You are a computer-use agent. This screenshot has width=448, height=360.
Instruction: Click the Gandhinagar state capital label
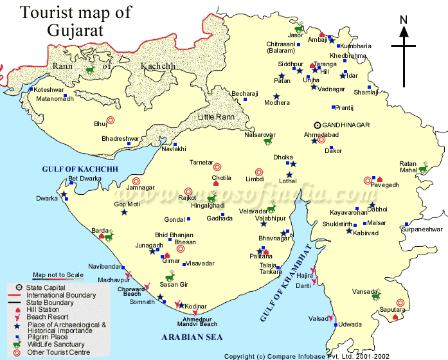coord(346,126)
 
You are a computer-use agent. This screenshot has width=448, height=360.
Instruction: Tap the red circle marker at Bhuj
coord(111,120)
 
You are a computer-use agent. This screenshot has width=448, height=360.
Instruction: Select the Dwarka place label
coord(46,199)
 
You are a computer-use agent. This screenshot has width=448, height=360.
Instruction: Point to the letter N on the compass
coord(404,19)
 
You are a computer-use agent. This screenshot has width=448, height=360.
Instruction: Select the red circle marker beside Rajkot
coord(188,191)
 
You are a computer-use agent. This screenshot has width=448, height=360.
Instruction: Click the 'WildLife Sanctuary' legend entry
coord(55,345)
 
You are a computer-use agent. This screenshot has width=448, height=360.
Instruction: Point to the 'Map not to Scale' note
coord(58,274)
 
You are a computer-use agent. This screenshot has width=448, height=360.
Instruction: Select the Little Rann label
coord(216,116)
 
